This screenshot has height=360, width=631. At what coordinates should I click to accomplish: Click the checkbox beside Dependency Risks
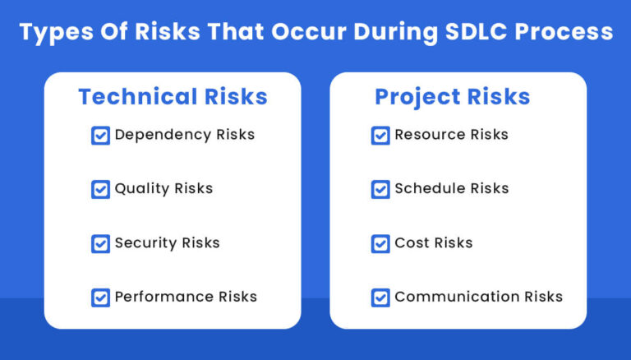point(100,135)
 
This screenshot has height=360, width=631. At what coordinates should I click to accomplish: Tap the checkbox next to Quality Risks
point(100,189)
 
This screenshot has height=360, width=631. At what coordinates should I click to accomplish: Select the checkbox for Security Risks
point(100,243)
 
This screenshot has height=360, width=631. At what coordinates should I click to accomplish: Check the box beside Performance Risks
point(100,298)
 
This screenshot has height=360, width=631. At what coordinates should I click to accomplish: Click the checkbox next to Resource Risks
point(380,135)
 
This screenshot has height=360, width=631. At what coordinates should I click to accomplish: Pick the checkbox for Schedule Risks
point(380,189)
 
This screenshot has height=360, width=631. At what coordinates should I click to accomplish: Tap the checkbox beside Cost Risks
point(380,243)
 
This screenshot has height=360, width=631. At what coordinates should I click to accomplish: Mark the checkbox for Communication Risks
point(380,298)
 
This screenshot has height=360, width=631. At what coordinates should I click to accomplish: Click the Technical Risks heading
point(173,96)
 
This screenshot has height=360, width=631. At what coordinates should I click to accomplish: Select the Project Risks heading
point(452,96)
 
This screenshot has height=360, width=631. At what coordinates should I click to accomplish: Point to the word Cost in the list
point(411,242)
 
